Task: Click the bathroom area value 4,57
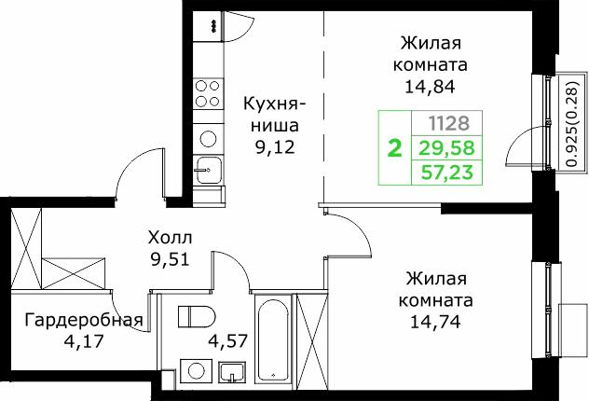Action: [x=226, y=339]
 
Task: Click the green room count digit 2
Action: [x=395, y=148]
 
